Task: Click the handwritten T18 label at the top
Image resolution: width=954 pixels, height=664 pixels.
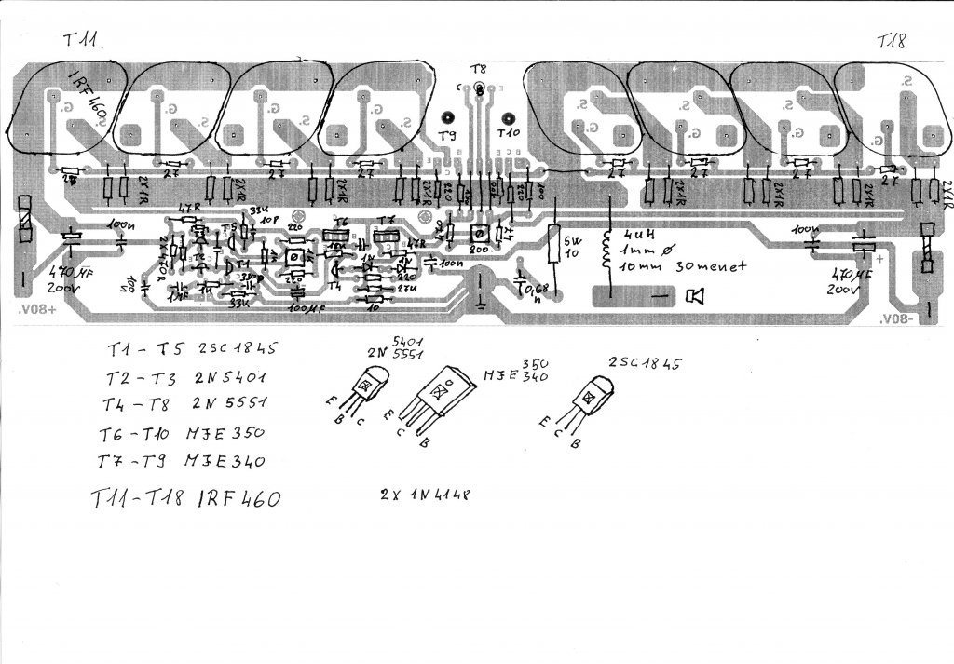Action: coord(893,41)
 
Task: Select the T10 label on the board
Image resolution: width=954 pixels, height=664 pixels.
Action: coord(509,135)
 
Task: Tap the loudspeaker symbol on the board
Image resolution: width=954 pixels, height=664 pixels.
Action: coord(694,296)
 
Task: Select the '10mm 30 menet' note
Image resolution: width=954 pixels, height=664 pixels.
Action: coord(669,267)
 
